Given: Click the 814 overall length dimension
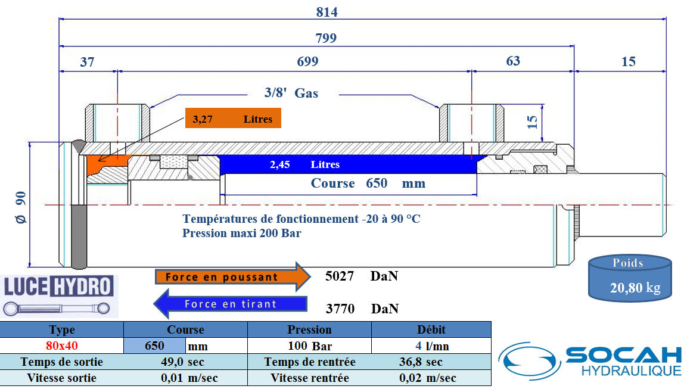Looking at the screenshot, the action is [x=327, y=12].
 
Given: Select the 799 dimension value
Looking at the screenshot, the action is [x=326, y=38].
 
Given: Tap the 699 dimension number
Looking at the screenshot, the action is [x=307, y=61].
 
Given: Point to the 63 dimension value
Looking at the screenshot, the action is [x=513, y=61].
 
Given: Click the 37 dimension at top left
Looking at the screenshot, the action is [x=87, y=62].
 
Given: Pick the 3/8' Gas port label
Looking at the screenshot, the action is [x=291, y=93].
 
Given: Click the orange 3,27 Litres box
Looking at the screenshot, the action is [x=233, y=119].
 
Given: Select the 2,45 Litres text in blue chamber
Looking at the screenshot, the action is [x=304, y=164].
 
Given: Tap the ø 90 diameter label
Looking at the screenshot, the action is [x=21, y=207].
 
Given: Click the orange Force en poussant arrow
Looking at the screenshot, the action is [x=232, y=277].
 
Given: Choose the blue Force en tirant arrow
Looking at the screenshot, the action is [x=231, y=303].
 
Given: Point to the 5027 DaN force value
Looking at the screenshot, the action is [x=362, y=276].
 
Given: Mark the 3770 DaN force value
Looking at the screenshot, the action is [x=362, y=309].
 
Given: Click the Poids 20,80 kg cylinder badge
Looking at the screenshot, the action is [x=630, y=278].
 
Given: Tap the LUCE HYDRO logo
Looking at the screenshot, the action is [x=59, y=296].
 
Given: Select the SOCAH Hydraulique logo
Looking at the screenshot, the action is [x=590, y=361].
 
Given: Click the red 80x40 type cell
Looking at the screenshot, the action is [x=62, y=346].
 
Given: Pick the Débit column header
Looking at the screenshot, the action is [x=431, y=329].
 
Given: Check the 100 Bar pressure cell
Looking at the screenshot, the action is [x=310, y=346].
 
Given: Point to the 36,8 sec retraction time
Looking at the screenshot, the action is [x=421, y=362].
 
